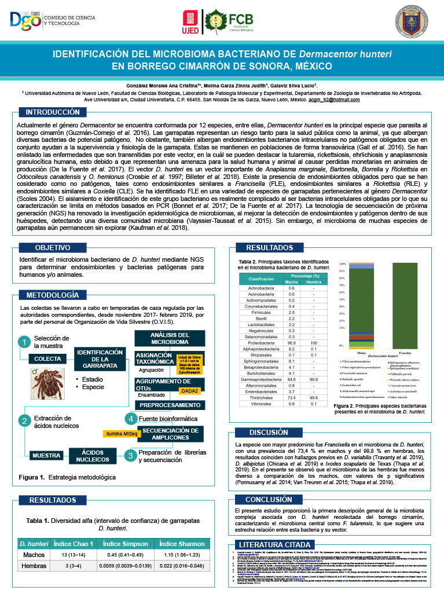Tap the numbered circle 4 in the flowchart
[x=131, y=418]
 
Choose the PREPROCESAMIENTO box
[x=170, y=405]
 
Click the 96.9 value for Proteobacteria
[x=292, y=343]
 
